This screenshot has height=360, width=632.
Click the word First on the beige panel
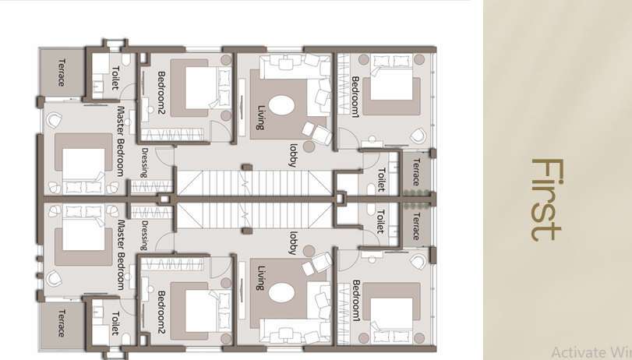tap(546, 199)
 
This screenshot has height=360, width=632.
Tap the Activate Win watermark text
tap(591, 351)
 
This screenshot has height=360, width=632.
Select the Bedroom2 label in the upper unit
tap(161, 91)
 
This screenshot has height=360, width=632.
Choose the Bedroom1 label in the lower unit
tap(355, 301)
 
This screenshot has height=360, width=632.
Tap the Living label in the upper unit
tap(262, 117)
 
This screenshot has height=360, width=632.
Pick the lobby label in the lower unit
tap(294, 242)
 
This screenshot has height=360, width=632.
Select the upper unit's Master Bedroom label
tap(121, 141)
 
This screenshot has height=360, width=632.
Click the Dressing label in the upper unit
tap(146, 163)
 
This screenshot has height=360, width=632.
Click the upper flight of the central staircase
tap(245, 183)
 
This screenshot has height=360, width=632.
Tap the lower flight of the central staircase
tap(245, 212)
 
